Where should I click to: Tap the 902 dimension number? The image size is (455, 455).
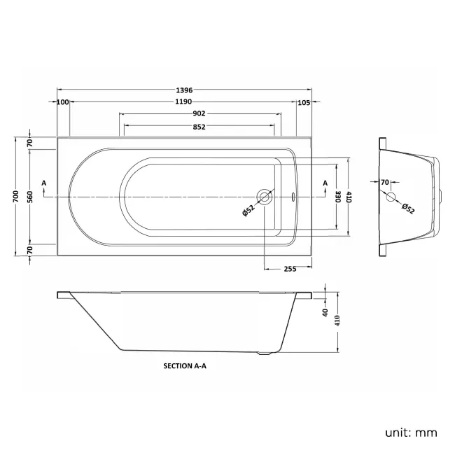199,114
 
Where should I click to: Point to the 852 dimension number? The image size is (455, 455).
199,127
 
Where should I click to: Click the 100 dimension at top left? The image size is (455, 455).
64,102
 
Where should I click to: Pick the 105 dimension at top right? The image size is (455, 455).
303,102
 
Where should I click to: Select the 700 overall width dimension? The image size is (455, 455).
17,197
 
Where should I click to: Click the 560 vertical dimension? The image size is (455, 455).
31,197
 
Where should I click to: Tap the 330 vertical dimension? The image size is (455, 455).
337,197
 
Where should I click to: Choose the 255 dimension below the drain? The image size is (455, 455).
289,269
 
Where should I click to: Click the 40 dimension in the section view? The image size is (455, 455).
325,313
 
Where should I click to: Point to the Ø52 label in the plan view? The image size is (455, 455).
248,210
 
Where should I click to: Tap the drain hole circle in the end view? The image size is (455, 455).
391,198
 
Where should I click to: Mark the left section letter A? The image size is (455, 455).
44,183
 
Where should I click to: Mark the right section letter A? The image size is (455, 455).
325,183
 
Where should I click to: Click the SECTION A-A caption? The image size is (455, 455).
185,365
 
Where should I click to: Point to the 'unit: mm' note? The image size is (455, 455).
411,433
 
